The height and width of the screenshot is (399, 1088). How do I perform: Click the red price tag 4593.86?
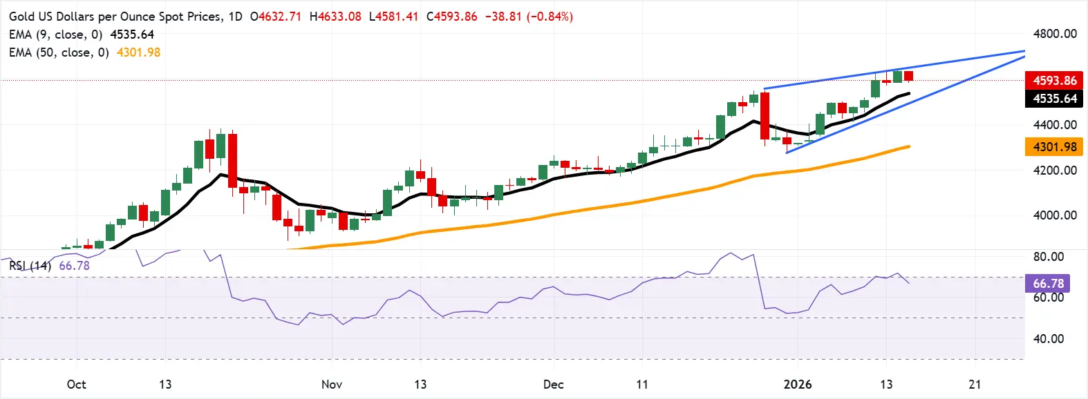pos(1054,81)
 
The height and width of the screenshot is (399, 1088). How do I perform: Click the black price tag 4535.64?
pos(1054,99)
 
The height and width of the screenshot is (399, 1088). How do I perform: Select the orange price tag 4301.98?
pos(1054,147)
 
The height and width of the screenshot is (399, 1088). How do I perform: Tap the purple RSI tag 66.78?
pos(1048,284)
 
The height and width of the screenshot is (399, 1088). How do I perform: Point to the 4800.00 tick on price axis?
pos(1055,34)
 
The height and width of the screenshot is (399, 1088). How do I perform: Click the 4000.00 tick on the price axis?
pos(1055,215)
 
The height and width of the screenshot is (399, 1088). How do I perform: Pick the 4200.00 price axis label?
pos(1055,171)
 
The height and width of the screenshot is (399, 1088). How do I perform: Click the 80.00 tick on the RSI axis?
pos(1048,257)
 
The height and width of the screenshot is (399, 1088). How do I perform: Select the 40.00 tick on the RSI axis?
pos(1048,339)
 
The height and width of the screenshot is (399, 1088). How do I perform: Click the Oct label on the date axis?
pos(77,385)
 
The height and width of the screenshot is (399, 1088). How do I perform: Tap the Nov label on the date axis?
pos(332,385)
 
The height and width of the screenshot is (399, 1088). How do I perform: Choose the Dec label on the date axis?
pos(553,385)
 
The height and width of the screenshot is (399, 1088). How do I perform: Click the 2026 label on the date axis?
pos(798,385)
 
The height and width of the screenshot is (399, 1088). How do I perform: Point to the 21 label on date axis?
pos(975,385)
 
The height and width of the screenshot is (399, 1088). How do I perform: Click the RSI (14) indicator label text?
pos(30,266)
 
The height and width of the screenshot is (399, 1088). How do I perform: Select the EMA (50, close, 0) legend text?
pos(59,52)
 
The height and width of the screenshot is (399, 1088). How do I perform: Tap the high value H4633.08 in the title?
pos(335,17)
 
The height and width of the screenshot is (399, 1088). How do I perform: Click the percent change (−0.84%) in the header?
pos(550,17)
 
